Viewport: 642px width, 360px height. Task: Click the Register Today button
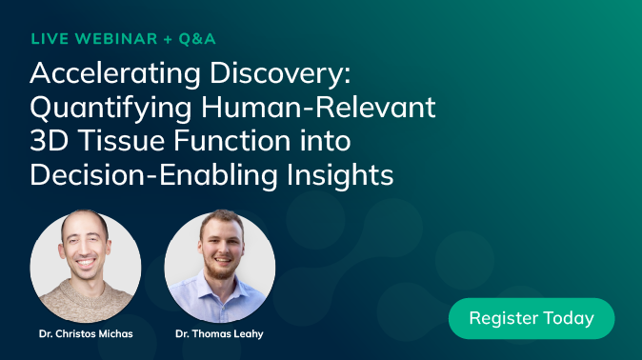point(532,318)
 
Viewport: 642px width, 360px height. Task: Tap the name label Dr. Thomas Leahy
point(220,334)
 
